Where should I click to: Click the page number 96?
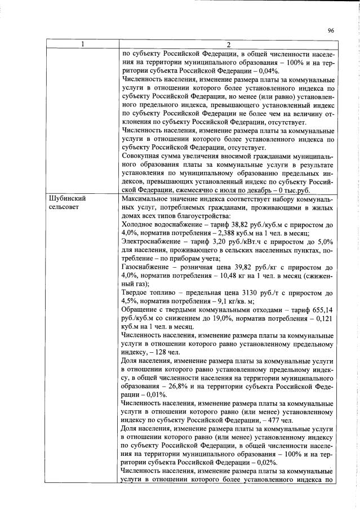tap(331, 31)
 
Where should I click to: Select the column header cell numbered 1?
tap(82, 45)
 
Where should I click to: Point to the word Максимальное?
tap(145, 198)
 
